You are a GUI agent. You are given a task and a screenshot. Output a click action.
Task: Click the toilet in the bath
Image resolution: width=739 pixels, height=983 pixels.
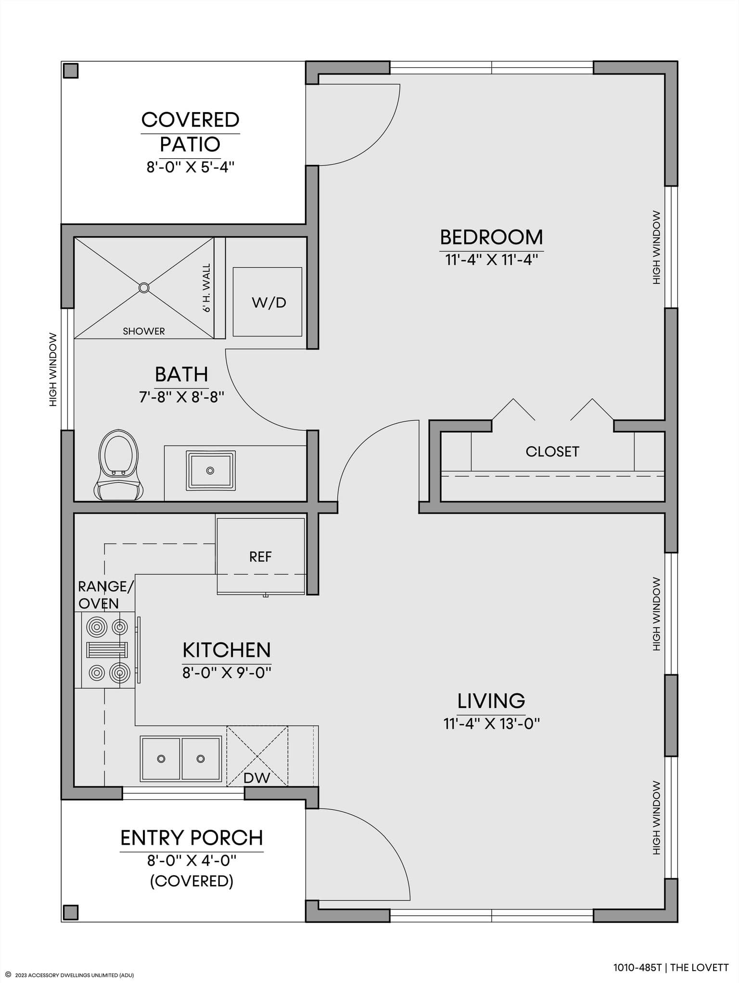pyautogui.click(x=118, y=466)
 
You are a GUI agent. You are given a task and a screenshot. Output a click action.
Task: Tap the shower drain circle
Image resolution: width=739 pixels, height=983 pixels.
pyautogui.click(x=144, y=288)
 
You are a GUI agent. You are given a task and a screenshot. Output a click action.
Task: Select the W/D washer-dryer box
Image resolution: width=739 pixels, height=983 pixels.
pyautogui.click(x=268, y=302)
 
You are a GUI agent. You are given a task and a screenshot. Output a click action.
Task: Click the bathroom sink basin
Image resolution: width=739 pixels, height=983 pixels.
pyautogui.click(x=210, y=470)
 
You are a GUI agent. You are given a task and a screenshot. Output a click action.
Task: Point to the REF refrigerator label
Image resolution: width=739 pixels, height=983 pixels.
pyautogui.click(x=260, y=557)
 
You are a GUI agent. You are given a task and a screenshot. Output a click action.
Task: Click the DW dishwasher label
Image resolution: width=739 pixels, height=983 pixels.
pyautogui.click(x=257, y=778)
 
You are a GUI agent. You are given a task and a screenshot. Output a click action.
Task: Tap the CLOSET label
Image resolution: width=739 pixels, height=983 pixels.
pyautogui.click(x=552, y=452)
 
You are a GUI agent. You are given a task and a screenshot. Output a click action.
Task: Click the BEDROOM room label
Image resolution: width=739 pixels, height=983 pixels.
pyautogui.click(x=491, y=237)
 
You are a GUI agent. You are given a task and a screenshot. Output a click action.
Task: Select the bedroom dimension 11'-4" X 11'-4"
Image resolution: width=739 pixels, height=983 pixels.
pyautogui.click(x=491, y=260)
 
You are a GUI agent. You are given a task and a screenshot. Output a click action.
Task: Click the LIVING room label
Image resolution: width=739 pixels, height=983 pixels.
pyautogui.click(x=491, y=701)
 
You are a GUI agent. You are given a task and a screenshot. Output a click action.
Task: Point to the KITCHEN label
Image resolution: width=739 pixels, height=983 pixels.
pyautogui.click(x=227, y=650)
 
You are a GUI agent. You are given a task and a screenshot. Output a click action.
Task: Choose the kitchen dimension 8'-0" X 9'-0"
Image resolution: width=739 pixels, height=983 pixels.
pyautogui.click(x=227, y=672)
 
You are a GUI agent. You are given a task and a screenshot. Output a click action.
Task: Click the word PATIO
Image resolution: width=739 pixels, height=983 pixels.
pyautogui.click(x=190, y=144)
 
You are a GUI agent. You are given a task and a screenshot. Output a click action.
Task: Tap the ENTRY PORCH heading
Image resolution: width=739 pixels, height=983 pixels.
pyautogui.click(x=191, y=838)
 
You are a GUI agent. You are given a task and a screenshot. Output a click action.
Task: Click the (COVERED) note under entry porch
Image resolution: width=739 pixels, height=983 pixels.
pyautogui.click(x=191, y=881)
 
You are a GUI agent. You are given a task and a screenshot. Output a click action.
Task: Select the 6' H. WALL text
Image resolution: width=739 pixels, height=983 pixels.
pyautogui.click(x=206, y=288)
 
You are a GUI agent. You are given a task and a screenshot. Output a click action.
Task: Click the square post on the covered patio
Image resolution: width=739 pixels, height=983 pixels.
pyautogui.click(x=71, y=71)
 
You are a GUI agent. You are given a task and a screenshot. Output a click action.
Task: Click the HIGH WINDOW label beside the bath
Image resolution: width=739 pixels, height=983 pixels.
pyautogui.click(x=53, y=369)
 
